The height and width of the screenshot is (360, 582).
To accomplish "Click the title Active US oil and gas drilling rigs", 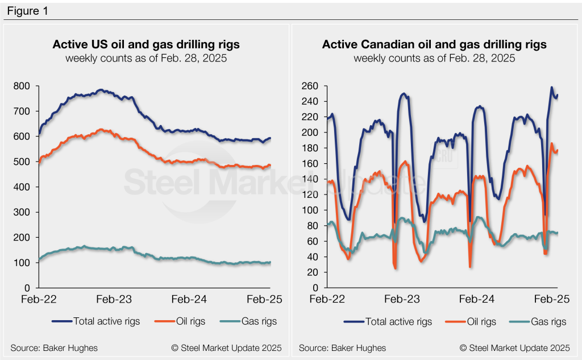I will coord(146,44).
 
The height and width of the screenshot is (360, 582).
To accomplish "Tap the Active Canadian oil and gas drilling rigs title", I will coord(434,44).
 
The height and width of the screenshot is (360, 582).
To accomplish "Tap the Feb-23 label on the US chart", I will coord(115,299).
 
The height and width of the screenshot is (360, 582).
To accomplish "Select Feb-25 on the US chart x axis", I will coord(269,299).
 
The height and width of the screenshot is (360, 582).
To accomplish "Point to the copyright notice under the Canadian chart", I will coord(514,347).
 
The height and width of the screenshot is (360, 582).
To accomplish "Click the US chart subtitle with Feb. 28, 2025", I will coord(146,59).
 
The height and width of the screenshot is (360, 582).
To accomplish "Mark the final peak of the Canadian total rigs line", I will coord(551,88).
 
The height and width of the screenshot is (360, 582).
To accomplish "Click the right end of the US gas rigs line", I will coord(271,262).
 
